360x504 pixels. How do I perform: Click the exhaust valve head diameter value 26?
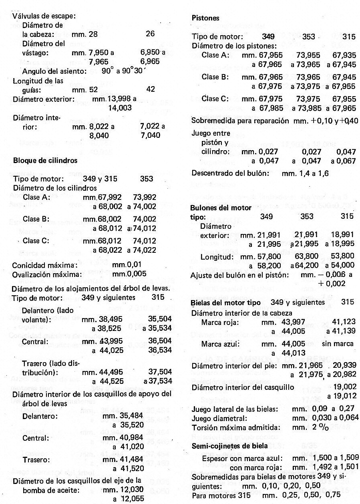pos(150,34)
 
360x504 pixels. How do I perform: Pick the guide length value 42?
pos(150,90)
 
